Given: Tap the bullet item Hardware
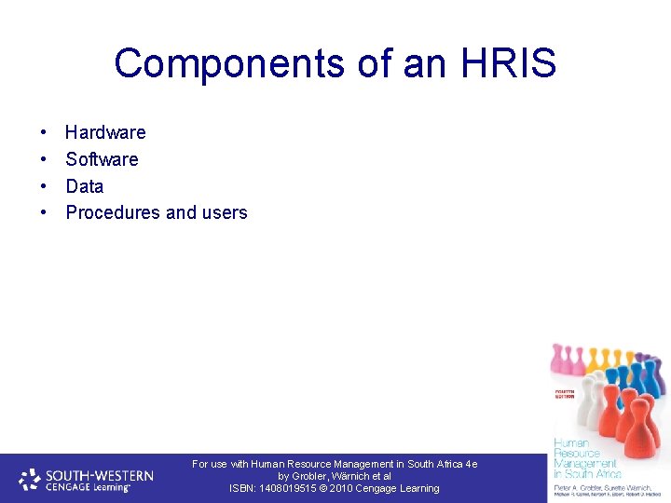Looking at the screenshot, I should [105, 132].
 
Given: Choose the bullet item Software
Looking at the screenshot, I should [102, 159].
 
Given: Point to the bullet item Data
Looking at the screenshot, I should [84, 186].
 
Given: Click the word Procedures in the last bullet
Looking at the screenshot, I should [113, 212].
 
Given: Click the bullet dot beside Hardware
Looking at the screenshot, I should [44, 133].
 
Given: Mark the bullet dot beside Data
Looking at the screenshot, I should [44, 186].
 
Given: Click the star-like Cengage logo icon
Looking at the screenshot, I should [31, 481].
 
